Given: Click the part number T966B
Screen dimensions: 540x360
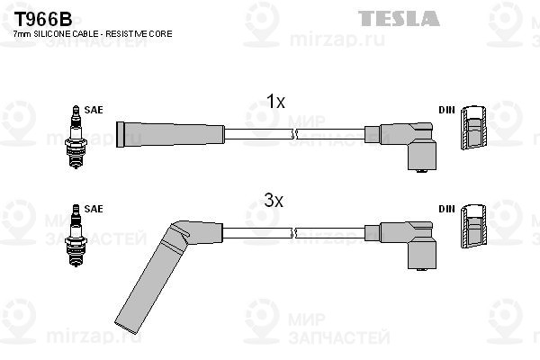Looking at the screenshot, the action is pyautogui.click(x=42, y=19).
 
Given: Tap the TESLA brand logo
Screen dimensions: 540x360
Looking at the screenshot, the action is pyautogui.click(x=399, y=18).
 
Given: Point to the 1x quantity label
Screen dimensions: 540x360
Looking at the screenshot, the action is pyautogui.click(x=275, y=102).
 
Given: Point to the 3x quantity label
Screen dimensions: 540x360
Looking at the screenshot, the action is pyautogui.click(x=274, y=200).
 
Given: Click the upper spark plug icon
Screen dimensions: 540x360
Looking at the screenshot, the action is pyautogui.click(x=76, y=137).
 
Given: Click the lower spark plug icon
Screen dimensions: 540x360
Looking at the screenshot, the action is pyautogui.click(x=76, y=236).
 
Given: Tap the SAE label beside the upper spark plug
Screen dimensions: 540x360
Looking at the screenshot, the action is pyautogui.click(x=94, y=110).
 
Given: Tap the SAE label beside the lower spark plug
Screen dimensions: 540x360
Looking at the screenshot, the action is pyautogui.click(x=94, y=209).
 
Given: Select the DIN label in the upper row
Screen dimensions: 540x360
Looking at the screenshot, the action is pyautogui.click(x=446, y=110).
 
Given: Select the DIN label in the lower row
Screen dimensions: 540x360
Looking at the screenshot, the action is pyautogui.click(x=446, y=209).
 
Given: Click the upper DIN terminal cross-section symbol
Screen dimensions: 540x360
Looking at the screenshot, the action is pyautogui.click(x=473, y=128).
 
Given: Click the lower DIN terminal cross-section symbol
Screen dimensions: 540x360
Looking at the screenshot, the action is pyautogui.click(x=473, y=226).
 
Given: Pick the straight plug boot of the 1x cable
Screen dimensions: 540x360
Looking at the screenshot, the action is pyautogui.click(x=170, y=134).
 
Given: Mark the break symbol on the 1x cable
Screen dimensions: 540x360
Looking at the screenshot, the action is pyautogui.click(x=293, y=134).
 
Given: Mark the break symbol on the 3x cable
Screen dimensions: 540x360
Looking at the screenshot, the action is pyautogui.click(x=293, y=233).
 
